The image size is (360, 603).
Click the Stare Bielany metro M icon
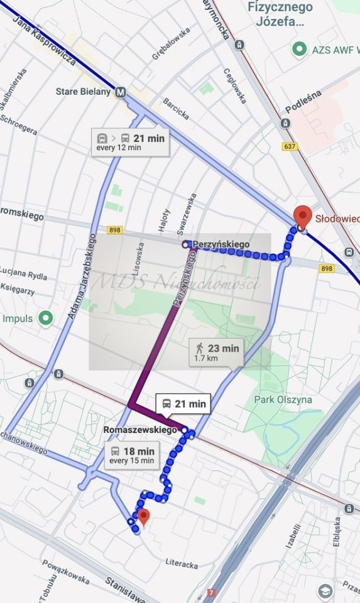click(121, 92)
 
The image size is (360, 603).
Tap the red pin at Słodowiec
click(303, 216)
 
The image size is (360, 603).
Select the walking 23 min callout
click(216, 352)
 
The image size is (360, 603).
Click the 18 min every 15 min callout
click(133, 455)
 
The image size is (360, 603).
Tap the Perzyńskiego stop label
click(221, 244)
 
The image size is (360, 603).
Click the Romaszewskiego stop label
click(140, 430)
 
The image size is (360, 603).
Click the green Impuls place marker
click(45, 318)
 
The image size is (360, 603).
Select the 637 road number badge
click(289, 147)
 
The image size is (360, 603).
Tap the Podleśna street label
click(303, 100)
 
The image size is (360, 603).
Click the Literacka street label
click(182, 564)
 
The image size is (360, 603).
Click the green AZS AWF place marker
click(300, 48)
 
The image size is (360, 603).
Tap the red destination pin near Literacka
click(144, 517)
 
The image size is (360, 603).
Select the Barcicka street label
click(175, 107)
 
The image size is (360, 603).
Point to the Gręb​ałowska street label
click(171, 43)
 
